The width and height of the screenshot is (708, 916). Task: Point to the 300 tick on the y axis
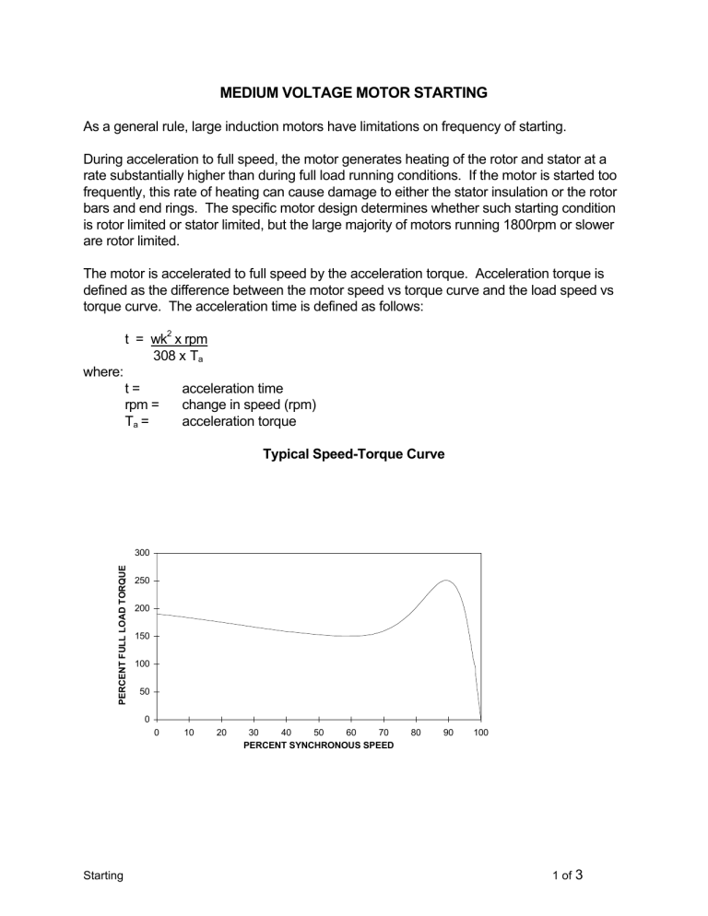(141, 553)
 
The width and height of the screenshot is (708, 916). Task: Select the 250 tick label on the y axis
(141, 581)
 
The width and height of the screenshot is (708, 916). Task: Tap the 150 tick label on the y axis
(141, 637)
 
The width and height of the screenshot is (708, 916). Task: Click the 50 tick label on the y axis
(144, 691)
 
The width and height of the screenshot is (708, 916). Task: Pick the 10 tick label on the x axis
(189, 733)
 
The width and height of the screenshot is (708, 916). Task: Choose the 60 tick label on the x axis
(351, 733)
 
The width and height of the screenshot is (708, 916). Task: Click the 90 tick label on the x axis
(448, 733)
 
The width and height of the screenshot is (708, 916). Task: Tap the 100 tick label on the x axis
(480, 733)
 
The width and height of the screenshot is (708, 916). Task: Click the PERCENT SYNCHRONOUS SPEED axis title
(318, 745)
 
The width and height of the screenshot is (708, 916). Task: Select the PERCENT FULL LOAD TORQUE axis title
(122, 636)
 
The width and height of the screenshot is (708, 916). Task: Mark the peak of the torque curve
(446, 581)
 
